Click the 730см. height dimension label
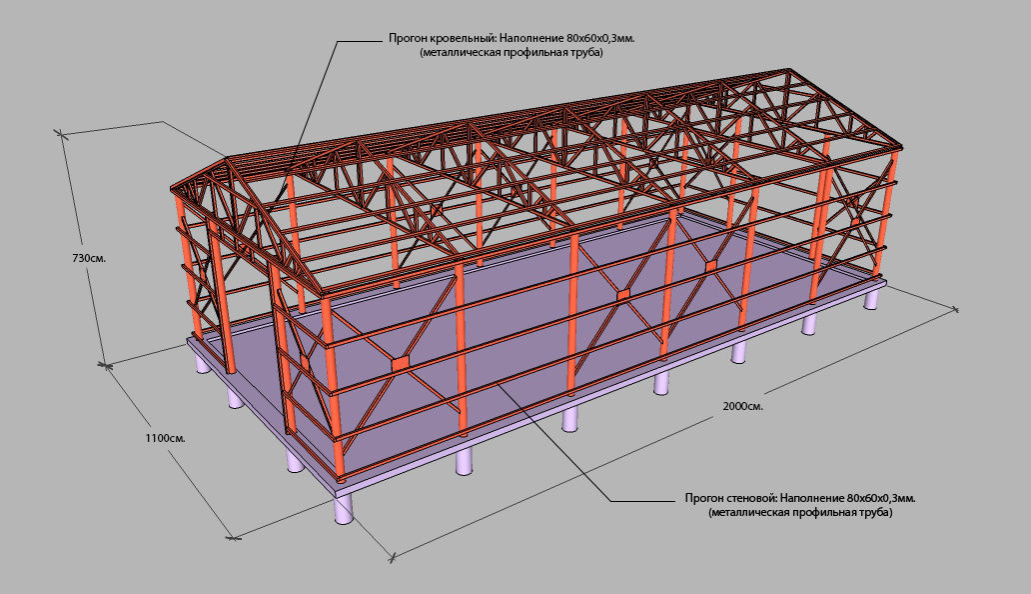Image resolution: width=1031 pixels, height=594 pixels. (89, 259)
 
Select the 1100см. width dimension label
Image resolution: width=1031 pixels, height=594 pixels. (165, 438)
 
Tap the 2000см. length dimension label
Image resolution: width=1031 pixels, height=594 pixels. (743, 406)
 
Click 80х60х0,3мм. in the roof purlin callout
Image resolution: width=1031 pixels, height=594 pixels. (601, 38)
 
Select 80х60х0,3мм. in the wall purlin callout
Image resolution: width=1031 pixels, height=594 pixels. (882, 498)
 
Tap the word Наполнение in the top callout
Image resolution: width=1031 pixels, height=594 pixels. (525, 38)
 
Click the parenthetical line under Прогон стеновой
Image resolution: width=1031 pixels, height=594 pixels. (800, 512)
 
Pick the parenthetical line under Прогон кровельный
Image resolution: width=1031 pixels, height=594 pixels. (512, 53)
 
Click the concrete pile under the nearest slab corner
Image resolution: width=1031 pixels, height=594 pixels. (344, 508)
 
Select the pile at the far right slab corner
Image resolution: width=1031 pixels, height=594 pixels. (871, 299)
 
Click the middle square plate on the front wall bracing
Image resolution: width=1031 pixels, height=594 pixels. (623, 294)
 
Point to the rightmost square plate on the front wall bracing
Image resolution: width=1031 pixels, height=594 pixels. (710, 266)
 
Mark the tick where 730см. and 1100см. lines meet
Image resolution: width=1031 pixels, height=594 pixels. (105, 364)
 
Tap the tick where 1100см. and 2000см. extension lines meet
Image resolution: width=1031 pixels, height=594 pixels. (234, 537)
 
